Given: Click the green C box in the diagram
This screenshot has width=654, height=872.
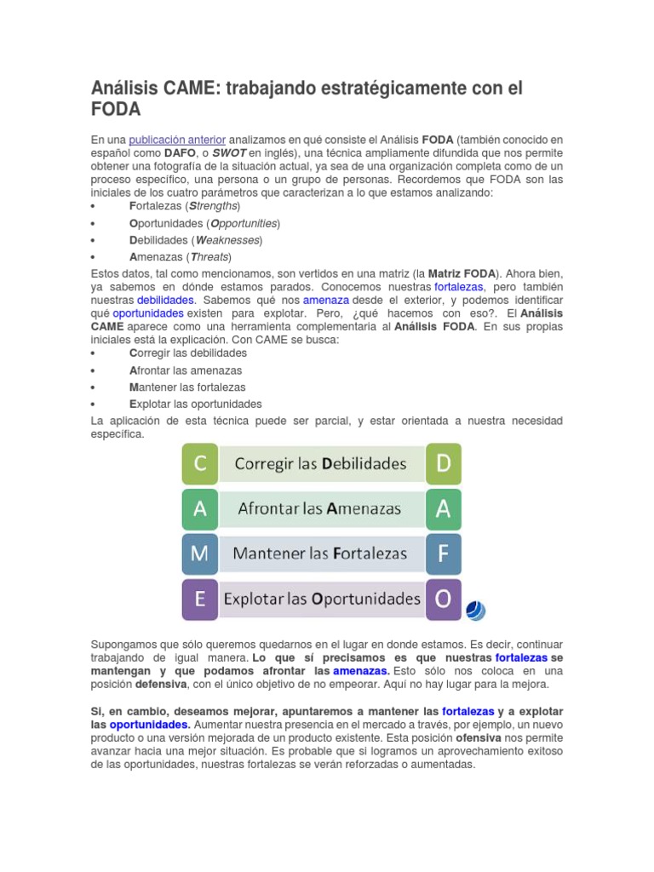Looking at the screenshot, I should pos(200,464).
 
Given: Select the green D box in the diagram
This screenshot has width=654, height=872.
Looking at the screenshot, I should pos(444,464).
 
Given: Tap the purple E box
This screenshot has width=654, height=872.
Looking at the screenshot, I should pos(200,599).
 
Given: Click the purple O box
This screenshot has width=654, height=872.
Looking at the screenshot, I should pos(444,599).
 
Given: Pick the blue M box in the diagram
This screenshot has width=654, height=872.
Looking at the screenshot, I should pos(200,554).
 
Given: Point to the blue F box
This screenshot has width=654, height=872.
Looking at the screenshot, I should pos(444,554).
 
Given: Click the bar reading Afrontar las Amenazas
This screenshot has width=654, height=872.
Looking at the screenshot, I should pos(320,509).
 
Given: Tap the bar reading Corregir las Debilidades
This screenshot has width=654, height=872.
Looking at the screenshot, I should pos(320,464).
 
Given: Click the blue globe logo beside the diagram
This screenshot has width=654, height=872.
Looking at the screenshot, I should pos(475,610).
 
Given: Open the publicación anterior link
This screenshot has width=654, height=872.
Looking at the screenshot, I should pos(177,140).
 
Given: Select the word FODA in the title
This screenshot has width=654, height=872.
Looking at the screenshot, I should pos(115,110).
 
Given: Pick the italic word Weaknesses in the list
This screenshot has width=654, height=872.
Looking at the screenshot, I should pos(227,240).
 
